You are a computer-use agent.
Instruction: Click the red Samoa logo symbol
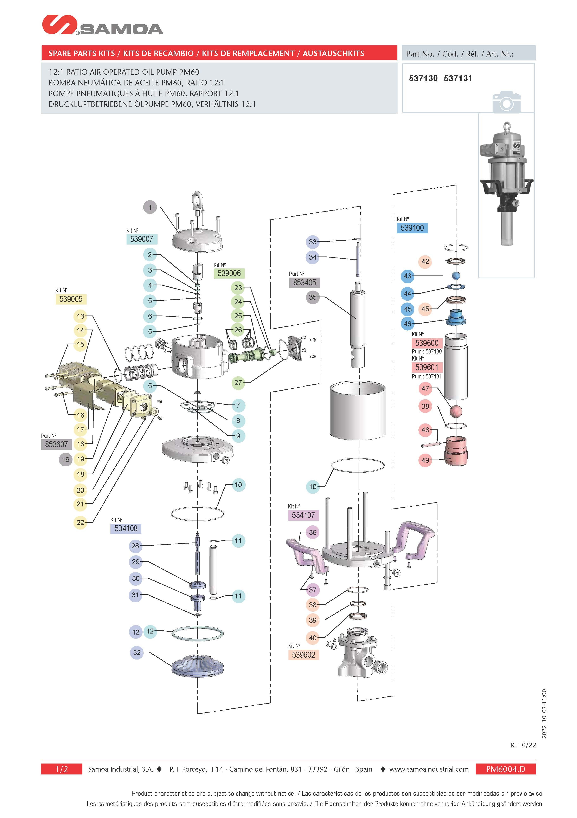[x=59, y=25]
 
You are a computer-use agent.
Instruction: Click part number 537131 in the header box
[x=458, y=78]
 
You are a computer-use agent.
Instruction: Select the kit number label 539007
[x=141, y=239]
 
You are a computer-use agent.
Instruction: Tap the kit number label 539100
[x=412, y=228]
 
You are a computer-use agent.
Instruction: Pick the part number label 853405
[x=304, y=283]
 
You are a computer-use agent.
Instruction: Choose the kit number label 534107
[x=303, y=515]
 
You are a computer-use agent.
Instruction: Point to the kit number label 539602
[x=303, y=655]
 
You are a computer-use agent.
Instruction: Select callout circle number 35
[x=313, y=297]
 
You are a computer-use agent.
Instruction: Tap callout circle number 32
[x=137, y=653]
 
